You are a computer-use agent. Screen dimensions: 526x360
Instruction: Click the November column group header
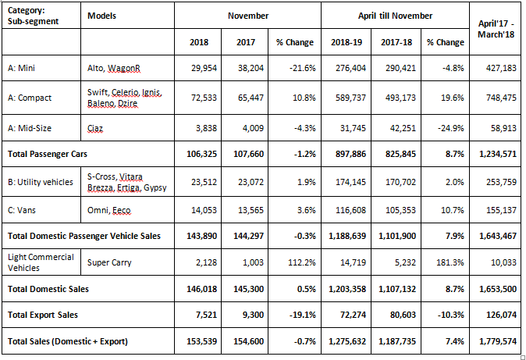(x=248, y=16)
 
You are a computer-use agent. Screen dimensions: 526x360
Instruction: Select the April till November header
(x=395, y=16)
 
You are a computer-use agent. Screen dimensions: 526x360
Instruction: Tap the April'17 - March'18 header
(x=496, y=29)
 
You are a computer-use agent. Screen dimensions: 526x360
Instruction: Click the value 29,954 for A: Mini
(x=204, y=68)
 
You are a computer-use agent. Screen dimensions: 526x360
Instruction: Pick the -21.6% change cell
(x=302, y=68)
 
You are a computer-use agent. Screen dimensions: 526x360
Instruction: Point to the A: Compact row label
(x=30, y=98)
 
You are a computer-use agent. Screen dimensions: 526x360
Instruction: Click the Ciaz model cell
(x=95, y=128)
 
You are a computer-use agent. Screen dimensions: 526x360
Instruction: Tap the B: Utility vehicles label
(x=41, y=182)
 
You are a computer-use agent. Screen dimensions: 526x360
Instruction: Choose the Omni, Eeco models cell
(x=108, y=210)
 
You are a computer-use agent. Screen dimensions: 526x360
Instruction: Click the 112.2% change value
(x=302, y=262)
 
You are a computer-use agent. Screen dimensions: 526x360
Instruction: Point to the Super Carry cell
(x=109, y=262)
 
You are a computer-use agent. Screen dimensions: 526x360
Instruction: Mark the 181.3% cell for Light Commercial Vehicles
(x=450, y=262)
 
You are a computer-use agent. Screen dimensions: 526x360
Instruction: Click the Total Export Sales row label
(x=43, y=315)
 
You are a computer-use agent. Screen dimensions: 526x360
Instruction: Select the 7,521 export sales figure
(x=206, y=315)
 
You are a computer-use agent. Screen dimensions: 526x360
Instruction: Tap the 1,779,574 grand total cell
(x=498, y=341)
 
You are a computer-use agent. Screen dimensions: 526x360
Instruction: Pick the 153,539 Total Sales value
(x=201, y=341)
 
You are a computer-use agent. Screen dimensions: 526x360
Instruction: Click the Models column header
(x=101, y=16)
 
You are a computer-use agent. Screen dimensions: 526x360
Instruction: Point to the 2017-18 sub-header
(x=396, y=42)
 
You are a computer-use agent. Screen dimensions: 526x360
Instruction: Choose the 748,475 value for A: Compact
(x=501, y=98)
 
